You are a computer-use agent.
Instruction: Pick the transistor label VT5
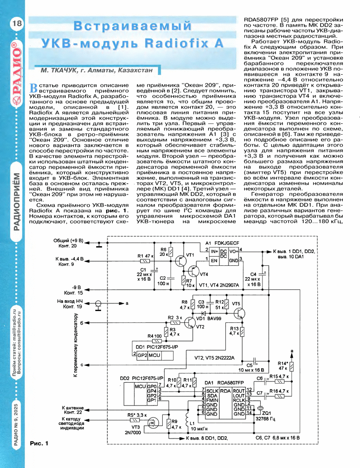coord(236,303)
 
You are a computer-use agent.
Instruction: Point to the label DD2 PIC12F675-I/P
coord(141,378)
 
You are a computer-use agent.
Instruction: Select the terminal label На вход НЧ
coord(71,302)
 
